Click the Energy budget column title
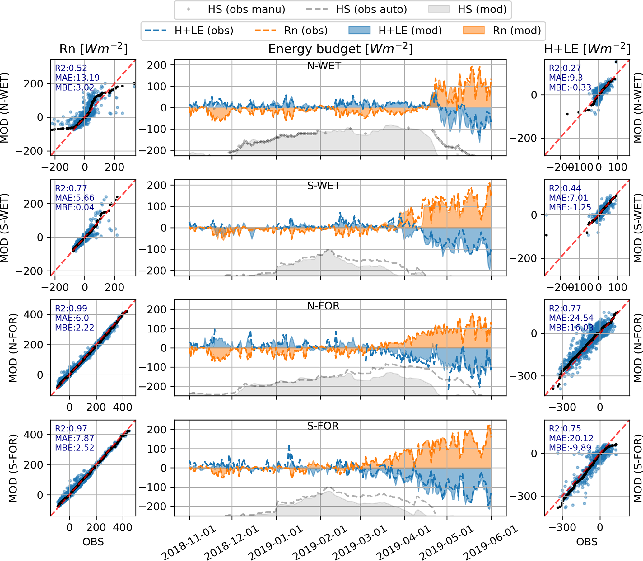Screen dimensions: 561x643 pos(340,49)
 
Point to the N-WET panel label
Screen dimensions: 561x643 pos(324,66)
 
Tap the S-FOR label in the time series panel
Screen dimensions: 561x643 pos(323,426)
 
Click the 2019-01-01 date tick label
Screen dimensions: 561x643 pos(277,543)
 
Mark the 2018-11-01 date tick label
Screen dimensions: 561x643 pos(190,543)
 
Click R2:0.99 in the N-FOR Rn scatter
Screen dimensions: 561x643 pos(71,308)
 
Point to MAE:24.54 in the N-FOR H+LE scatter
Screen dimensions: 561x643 pos(571,318)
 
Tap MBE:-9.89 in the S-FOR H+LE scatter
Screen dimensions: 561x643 pos(570,448)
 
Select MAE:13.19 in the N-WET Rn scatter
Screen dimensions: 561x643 pos(77,78)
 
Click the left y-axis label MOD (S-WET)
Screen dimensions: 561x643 pos(4,228)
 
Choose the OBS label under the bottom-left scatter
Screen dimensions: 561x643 pos(93,542)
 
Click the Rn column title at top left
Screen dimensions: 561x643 pos(94,49)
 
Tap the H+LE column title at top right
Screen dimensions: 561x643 pos(587,49)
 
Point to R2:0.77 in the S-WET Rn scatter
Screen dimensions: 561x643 pos(71,188)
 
